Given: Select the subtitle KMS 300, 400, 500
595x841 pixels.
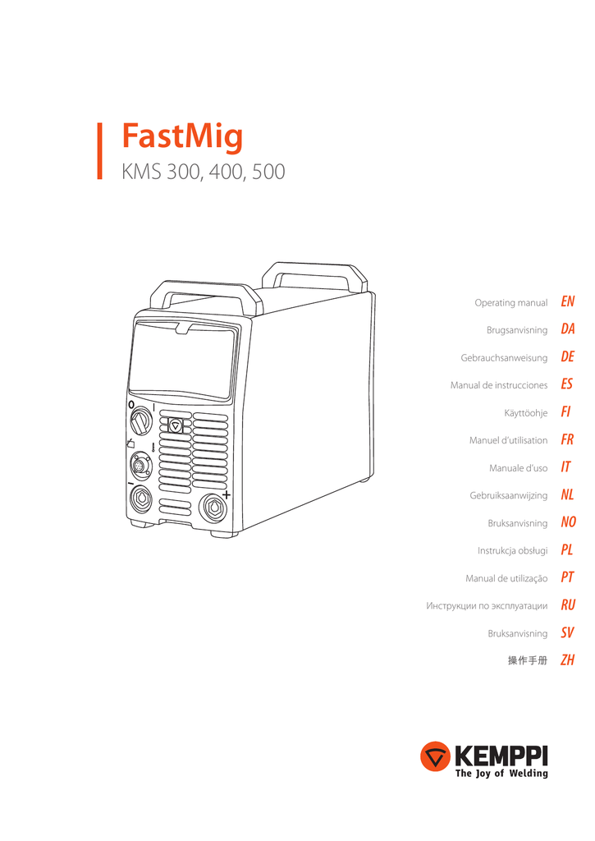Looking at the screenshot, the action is click(204, 172).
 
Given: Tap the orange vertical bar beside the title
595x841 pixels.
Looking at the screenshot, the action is click(99, 151).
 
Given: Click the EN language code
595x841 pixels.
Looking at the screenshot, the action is click(568, 301).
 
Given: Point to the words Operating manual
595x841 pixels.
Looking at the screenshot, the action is click(510, 303).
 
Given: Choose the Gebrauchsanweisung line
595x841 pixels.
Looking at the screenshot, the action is click(504, 358).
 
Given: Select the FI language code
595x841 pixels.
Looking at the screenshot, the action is click(565, 412).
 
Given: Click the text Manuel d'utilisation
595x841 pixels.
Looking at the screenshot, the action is click(508, 440).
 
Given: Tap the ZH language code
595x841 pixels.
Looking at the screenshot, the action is click(568, 659).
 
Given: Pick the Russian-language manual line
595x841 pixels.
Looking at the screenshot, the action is click(487, 606).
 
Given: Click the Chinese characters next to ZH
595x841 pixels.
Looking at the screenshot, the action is click(528, 660).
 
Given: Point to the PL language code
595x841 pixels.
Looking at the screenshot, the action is click(567, 549).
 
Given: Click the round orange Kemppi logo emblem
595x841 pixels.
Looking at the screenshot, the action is click(435, 756).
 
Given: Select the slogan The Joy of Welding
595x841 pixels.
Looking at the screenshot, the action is click(501, 773).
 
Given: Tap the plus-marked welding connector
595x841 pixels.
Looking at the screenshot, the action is click(213, 507).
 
